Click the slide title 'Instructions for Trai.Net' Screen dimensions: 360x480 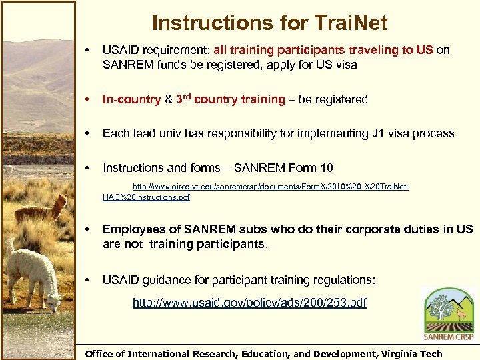(269, 23)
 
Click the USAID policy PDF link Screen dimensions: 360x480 (249, 303)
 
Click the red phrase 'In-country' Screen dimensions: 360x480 (131, 99)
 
